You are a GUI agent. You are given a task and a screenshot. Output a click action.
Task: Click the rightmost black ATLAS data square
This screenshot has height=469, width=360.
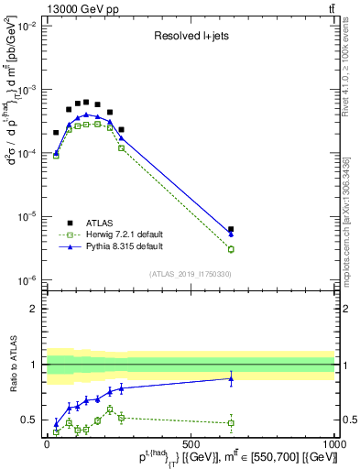(x=231, y=229)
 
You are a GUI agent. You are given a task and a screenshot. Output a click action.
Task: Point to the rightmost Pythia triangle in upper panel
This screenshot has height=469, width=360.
(x=231, y=234)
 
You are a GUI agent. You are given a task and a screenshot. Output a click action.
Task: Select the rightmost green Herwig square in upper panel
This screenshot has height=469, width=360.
(x=231, y=249)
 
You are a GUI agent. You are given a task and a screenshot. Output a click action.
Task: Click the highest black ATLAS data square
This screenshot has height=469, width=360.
(x=86, y=103)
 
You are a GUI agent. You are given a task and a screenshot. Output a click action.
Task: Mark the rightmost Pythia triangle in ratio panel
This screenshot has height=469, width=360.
(x=231, y=378)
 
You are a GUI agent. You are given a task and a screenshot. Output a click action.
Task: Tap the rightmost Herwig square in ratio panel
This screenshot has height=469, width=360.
(x=231, y=422)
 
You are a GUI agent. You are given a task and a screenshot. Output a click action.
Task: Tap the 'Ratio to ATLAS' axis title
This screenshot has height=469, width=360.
(x=11, y=364)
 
